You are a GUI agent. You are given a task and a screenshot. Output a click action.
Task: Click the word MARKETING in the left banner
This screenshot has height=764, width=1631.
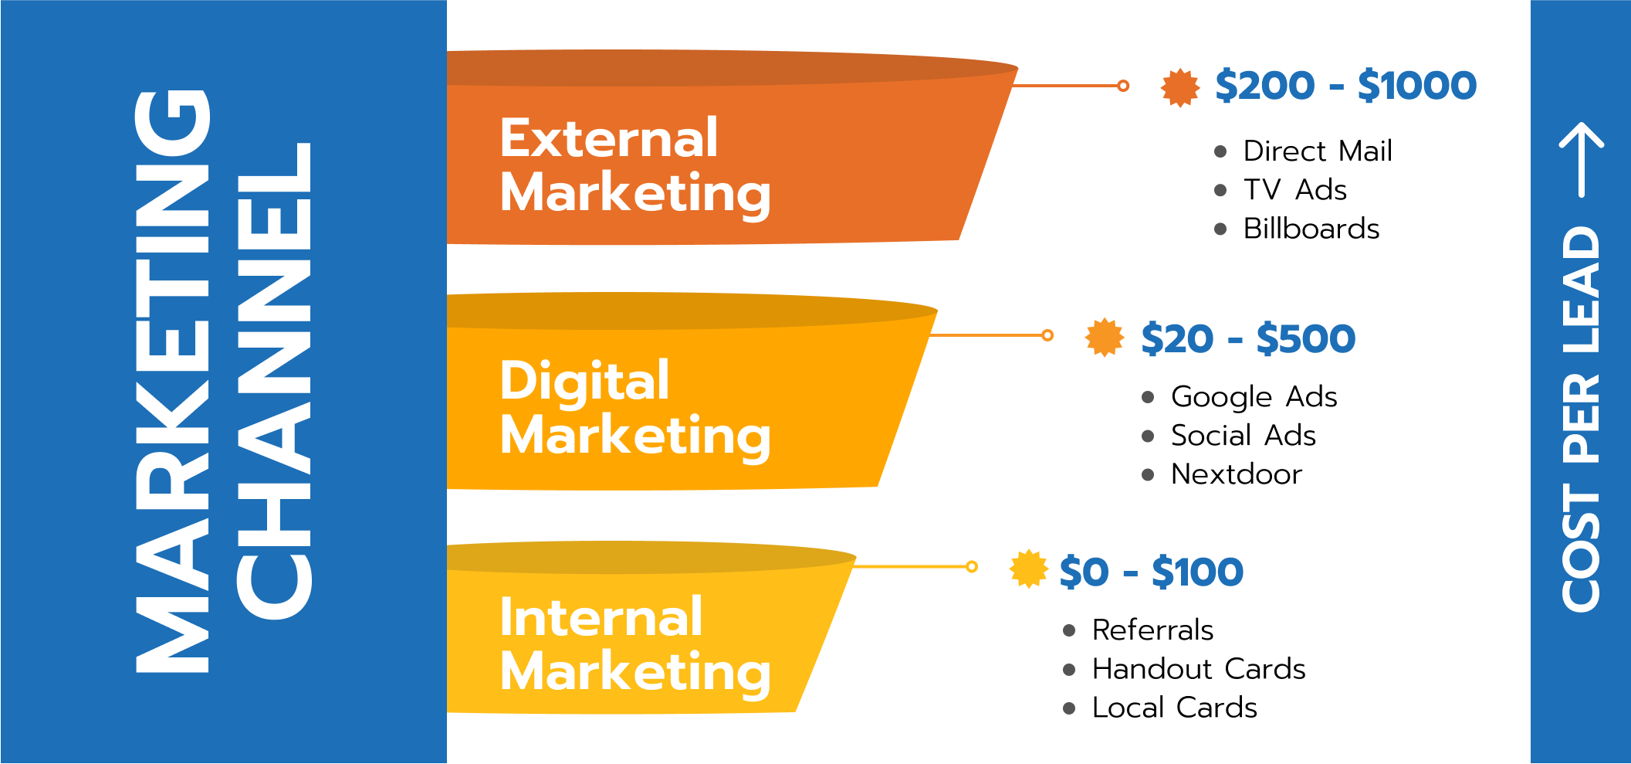coord(172,381)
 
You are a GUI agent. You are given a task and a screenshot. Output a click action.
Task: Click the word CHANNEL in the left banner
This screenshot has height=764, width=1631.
coord(273,381)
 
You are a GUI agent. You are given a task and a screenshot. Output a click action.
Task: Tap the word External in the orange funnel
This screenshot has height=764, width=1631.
coord(609,138)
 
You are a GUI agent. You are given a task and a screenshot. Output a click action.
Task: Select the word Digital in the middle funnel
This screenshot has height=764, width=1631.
coord(584,381)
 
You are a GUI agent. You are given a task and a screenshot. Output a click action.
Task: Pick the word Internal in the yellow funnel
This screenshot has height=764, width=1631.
coord(601,618)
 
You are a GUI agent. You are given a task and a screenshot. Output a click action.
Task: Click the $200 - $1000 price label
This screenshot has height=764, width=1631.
coord(1345,85)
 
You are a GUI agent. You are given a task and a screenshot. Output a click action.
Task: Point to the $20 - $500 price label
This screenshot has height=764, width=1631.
coord(1247,338)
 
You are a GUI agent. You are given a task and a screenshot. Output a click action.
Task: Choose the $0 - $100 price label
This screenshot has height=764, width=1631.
coord(1151,572)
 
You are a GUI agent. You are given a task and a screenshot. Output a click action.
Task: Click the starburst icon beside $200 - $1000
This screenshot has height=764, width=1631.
coord(1180,87)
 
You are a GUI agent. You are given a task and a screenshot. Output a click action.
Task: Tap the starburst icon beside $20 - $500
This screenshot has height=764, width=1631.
coord(1105,338)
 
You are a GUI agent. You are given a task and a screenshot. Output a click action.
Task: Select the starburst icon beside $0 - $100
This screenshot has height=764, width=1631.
coord(1029,569)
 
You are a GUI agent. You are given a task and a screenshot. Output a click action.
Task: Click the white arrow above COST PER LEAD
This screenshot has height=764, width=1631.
coord(1582,158)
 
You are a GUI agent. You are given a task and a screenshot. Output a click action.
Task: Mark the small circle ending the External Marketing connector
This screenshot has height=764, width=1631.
coord(1123,86)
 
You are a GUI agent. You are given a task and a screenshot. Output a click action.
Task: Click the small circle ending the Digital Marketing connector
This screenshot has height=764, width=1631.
coord(1047,335)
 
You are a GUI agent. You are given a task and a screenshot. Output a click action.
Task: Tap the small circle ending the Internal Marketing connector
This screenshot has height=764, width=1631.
coord(972,567)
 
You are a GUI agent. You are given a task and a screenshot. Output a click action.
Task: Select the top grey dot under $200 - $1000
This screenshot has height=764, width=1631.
coord(1220,151)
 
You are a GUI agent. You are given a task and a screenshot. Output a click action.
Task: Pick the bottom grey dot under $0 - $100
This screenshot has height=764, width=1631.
coord(1069,708)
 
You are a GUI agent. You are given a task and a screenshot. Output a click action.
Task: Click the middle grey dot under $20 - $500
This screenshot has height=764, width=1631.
coord(1148,436)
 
